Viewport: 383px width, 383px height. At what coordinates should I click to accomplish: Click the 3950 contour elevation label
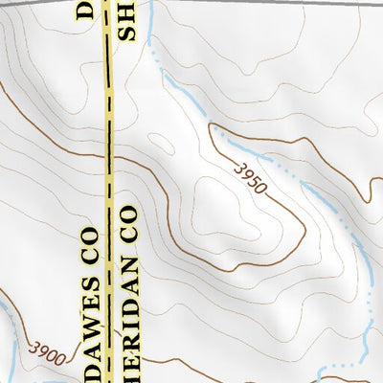(x=248, y=178)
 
